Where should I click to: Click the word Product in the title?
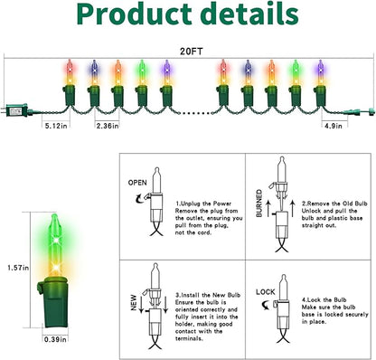(x=135, y=14)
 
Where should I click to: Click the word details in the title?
(x=249, y=14)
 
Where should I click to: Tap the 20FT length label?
(x=192, y=52)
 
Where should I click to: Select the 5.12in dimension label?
(x=56, y=126)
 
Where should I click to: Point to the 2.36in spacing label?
(x=108, y=126)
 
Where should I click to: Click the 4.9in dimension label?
(x=334, y=126)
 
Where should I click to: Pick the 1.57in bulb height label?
(x=18, y=268)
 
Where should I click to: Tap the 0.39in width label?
(x=55, y=339)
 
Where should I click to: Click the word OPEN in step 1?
(x=137, y=183)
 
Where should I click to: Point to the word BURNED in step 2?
(x=258, y=204)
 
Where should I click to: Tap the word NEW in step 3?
(x=134, y=303)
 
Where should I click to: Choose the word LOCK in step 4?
(x=266, y=292)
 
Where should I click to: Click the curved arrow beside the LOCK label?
(x=266, y=306)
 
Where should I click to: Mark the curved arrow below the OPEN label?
(x=139, y=199)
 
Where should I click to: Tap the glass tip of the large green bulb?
(x=54, y=217)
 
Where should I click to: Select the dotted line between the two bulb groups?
(x=196, y=113)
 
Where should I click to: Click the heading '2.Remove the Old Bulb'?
(x=334, y=204)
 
